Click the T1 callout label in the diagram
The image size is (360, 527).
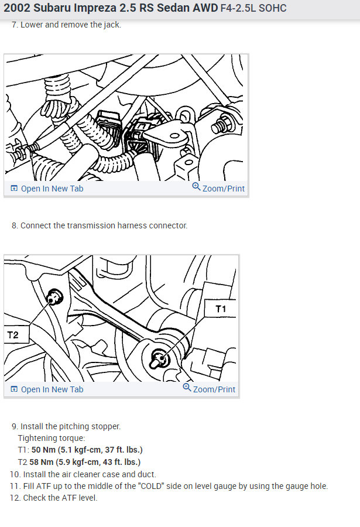221,308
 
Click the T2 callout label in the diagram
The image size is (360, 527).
13,335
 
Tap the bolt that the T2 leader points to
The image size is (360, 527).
54,297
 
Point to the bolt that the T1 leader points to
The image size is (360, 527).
160,358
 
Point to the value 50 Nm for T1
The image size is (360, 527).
43,450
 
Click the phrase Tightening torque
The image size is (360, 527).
52,438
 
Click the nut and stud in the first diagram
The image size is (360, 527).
221,125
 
